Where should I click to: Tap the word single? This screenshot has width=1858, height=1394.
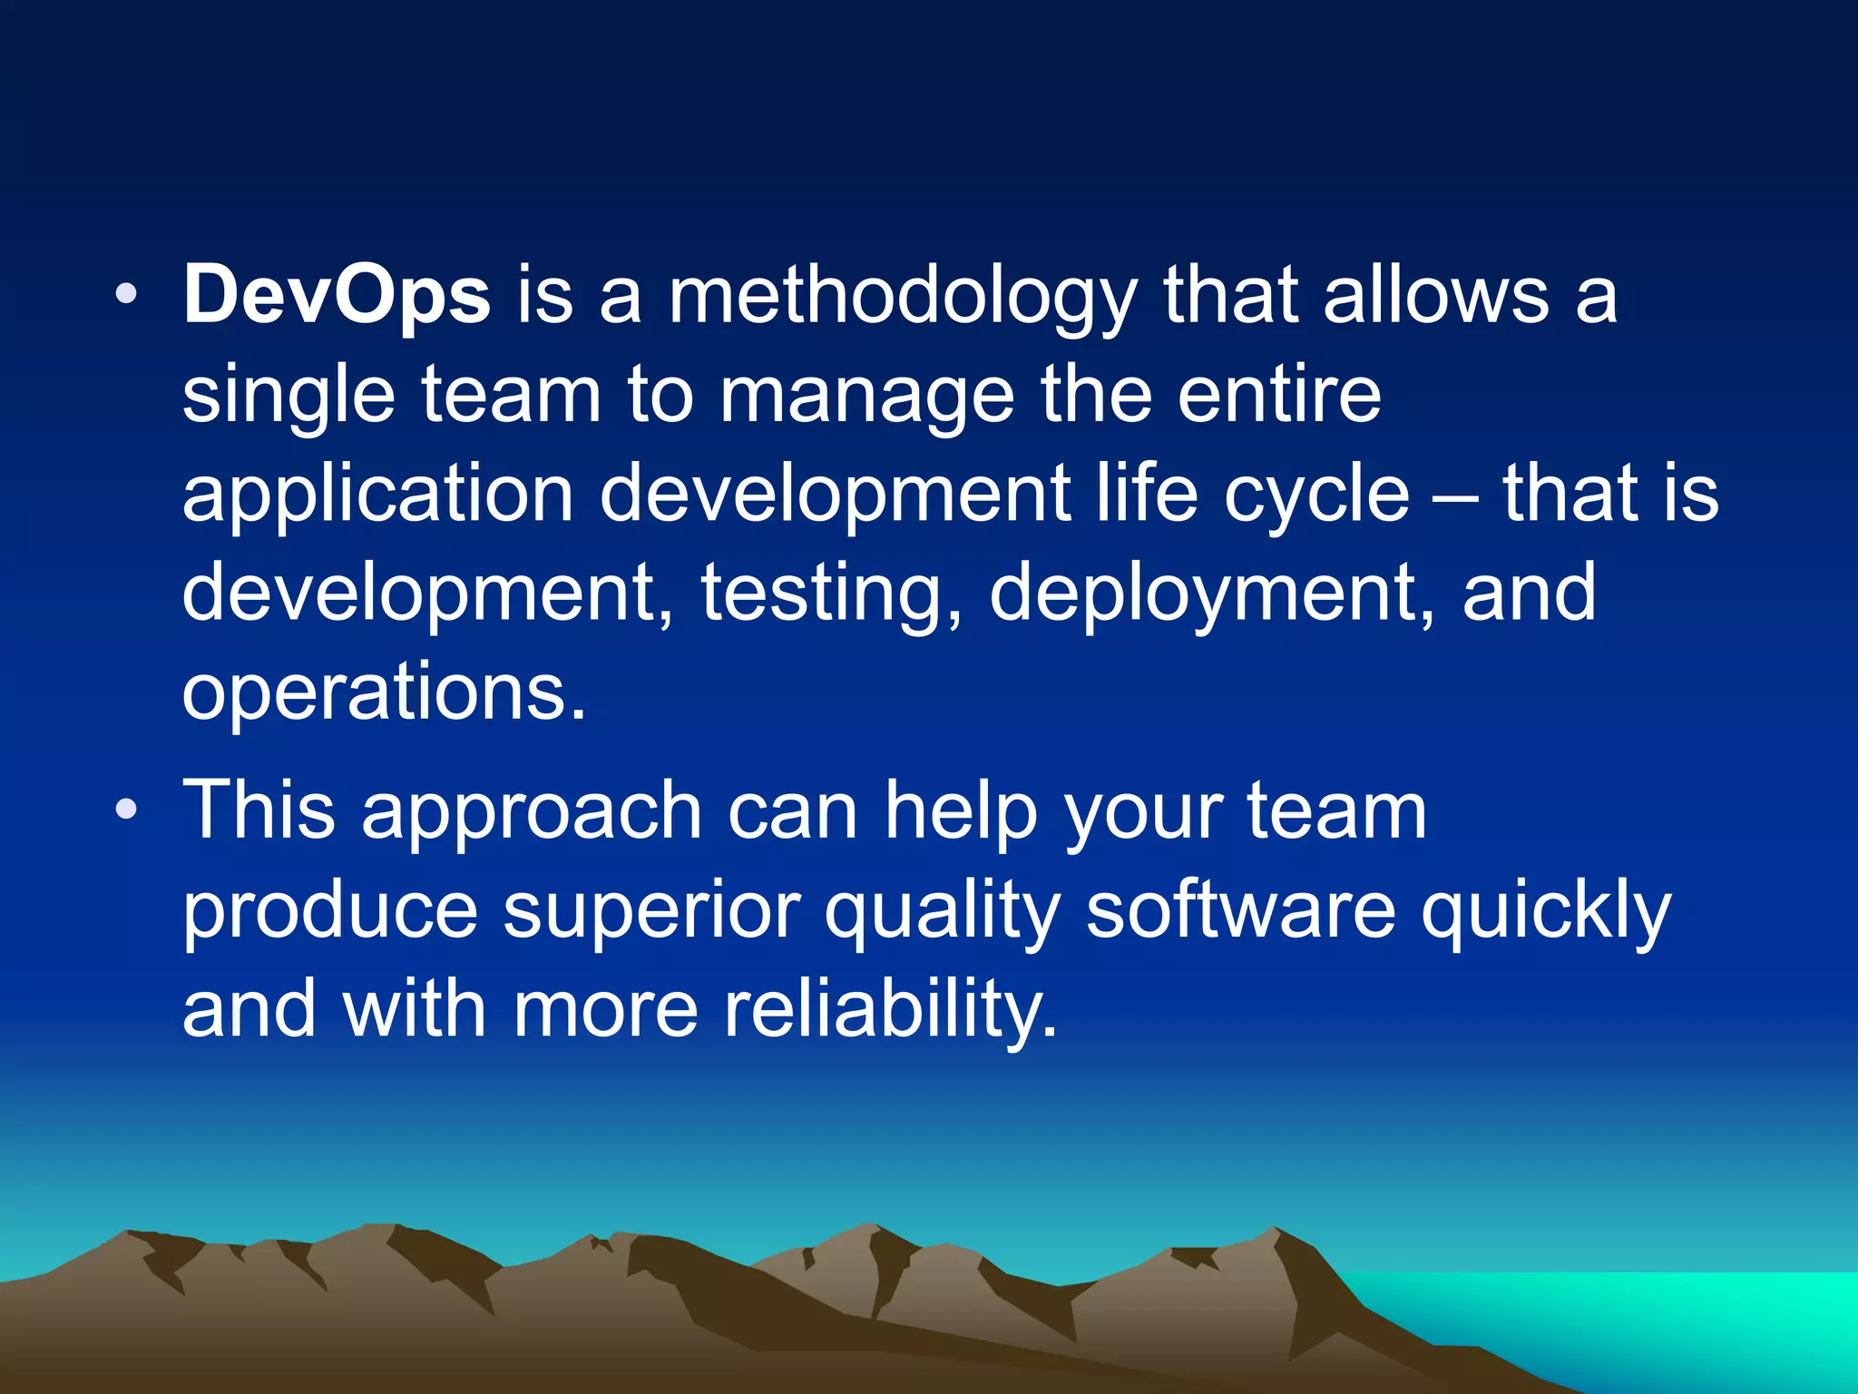pyautogui.click(x=288, y=398)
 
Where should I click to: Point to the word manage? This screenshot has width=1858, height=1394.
pyautogui.click(x=866, y=398)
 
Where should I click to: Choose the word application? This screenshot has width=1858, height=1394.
pyautogui.click(x=377, y=496)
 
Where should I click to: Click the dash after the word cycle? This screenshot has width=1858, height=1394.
pyautogui.click(x=1457, y=497)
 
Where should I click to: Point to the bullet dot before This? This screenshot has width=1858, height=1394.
pyautogui.click(x=127, y=808)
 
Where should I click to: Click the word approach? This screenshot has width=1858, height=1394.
pyautogui.click(x=532, y=813)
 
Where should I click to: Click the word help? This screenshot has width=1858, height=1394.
pyautogui.click(x=961, y=813)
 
